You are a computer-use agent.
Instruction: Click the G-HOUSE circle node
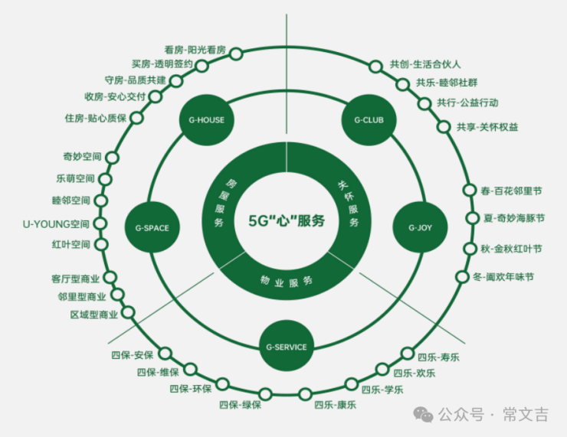[206, 120]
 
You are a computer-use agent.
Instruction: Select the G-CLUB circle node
[369, 120]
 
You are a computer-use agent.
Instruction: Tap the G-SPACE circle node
[152, 228]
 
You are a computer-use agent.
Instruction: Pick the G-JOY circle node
[420, 227]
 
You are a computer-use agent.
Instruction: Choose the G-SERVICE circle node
[287, 347]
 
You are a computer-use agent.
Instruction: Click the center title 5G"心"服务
[287, 220]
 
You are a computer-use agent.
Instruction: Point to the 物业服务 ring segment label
[287, 281]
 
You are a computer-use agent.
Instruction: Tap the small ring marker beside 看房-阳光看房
[236, 54]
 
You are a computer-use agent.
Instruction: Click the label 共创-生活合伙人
[425, 64]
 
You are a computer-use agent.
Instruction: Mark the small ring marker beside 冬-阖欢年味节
[462, 277]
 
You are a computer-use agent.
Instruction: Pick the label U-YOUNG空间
[56, 224]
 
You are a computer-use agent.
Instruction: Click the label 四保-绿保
[240, 405]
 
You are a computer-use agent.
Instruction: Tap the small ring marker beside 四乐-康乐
[305, 394]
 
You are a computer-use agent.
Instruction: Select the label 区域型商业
[94, 315]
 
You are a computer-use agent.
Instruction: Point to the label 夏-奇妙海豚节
[514, 218]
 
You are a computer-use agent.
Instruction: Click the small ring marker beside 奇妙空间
[113, 158]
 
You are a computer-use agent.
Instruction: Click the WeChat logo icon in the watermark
[423, 414]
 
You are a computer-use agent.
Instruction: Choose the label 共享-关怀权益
[487, 127]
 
